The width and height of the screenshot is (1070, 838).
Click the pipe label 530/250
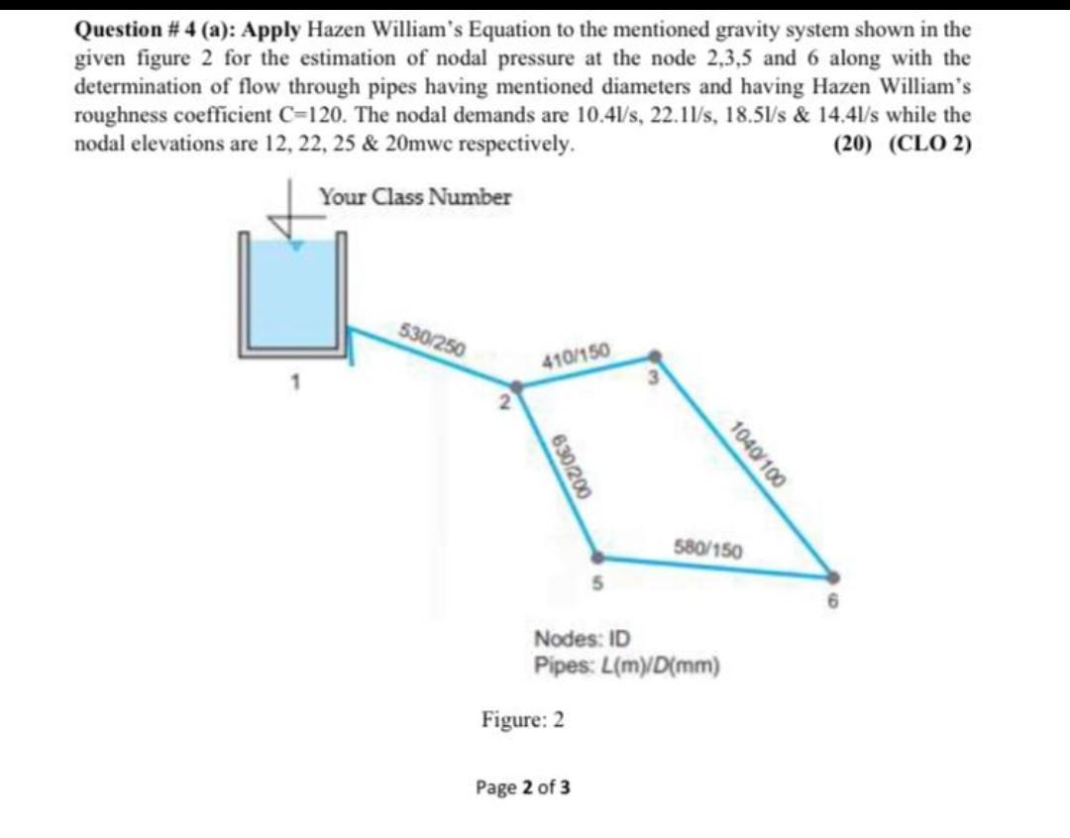[432, 338]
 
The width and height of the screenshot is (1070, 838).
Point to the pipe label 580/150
[708, 548]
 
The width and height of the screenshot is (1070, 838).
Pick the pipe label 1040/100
[757, 455]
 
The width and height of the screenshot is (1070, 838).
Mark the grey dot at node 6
[832, 576]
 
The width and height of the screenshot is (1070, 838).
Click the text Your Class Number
[415, 197]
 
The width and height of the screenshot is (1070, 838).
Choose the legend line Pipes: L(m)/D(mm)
[626, 664]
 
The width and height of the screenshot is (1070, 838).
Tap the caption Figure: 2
[523, 719]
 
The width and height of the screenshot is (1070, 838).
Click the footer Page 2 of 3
[523, 788]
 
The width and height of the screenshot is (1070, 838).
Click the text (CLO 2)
[930, 144]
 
